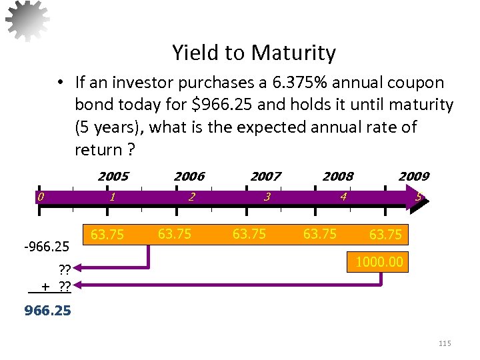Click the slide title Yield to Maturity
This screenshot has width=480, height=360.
coord(254,53)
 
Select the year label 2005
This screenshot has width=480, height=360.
coord(113,177)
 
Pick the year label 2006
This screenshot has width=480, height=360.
coord(189,177)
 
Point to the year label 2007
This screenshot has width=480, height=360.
coord(265,177)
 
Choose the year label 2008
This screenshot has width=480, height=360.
coord(338,177)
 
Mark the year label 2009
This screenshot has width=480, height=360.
coord(413,177)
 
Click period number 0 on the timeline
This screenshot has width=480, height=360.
coord(41,197)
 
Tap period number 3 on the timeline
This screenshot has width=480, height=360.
coord(267,197)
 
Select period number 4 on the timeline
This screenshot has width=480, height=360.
coord(343,197)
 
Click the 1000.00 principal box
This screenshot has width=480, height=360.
coord(379,262)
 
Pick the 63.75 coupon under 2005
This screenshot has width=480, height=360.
coord(107,235)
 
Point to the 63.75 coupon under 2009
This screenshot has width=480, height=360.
coord(385,235)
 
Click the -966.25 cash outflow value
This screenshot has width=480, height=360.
coord(46,247)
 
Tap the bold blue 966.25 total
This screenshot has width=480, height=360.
coord(47,311)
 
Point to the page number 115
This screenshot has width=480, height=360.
coord(445,343)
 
